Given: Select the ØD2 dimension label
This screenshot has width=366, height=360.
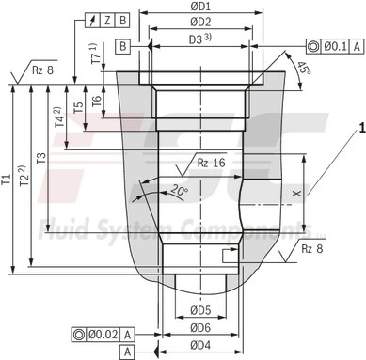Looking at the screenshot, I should [199, 21].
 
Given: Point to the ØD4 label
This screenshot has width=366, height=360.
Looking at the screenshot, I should [199, 346].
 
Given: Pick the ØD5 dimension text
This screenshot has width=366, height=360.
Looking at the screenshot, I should [199, 309].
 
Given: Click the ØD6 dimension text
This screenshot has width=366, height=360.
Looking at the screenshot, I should [199, 328].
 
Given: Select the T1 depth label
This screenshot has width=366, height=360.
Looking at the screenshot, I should [8, 178].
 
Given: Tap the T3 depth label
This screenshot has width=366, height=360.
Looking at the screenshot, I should [40, 159].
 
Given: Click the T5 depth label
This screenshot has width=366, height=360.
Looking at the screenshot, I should [79, 109].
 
